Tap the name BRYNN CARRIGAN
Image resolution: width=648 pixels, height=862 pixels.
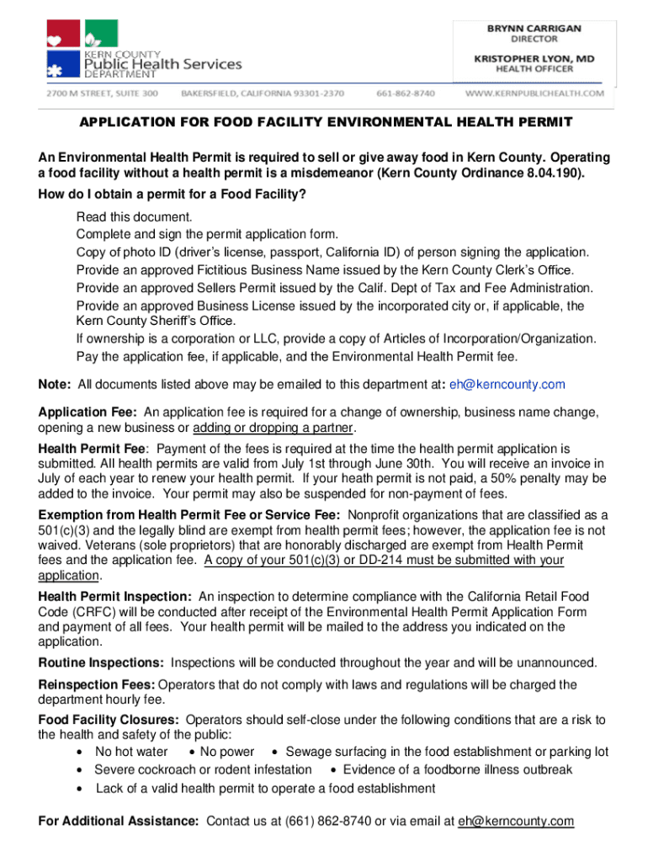coord(534,28)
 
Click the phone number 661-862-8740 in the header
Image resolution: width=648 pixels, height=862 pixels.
coord(406,93)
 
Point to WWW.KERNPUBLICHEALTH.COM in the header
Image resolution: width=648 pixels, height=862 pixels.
coord(534,93)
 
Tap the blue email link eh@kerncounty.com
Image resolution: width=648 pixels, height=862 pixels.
coord(507,385)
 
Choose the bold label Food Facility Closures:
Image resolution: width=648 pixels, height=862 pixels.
coord(109,720)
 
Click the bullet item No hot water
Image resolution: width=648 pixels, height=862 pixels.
coord(131,752)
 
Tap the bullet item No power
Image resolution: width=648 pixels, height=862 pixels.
coord(227,752)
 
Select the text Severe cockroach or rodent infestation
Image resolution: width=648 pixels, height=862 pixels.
coord(203,769)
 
